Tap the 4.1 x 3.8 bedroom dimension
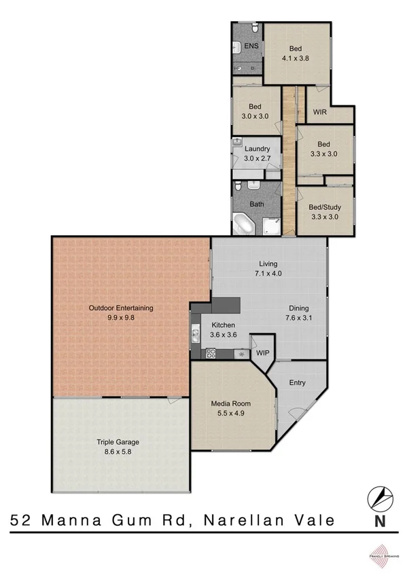[x=296, y=58]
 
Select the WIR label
[x=320, y=112]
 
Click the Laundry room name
[x=258, y=149]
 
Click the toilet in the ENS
[x=255, y=29]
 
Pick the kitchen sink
[x=195, y=333]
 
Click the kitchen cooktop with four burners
[x=211, y=353]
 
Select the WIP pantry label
[x=262, y=353]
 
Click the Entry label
[x=298, y=382]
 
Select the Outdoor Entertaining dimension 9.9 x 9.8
[x=121, y=317]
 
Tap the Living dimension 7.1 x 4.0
[x=268, y=274]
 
